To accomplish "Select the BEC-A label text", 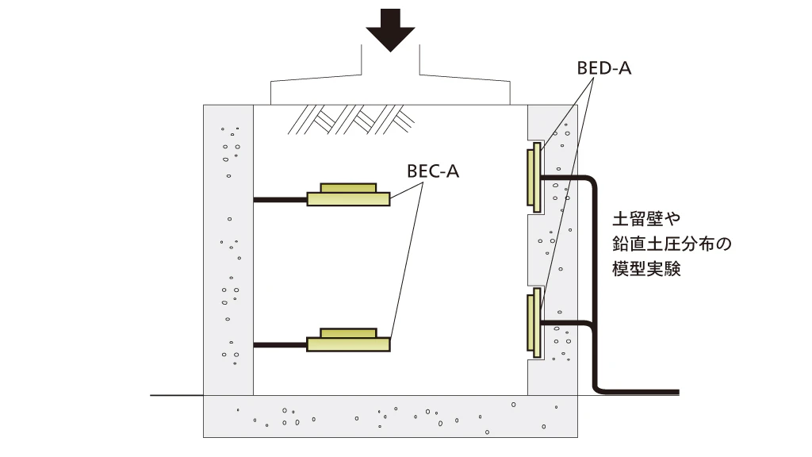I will [433, 171].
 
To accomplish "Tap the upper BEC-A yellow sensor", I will [348, 195].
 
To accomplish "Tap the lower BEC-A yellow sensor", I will [348, 340].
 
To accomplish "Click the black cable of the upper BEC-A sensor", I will [280, 200].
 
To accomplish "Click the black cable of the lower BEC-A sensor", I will [280, 344].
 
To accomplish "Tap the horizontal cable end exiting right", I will [650, 392].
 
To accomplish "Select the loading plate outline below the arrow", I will [390, 91].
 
